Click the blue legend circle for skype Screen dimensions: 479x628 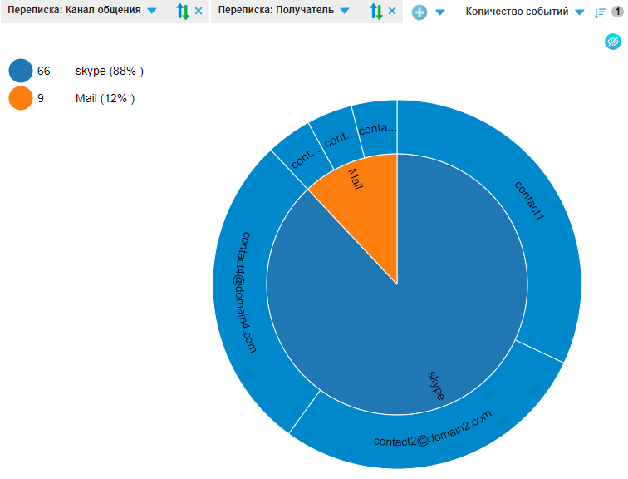(21, 72)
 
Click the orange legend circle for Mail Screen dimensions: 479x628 (21, 99)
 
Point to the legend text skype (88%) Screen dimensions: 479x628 (109, 72)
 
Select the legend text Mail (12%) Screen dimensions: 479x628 (105, 99)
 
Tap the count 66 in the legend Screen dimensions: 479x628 (44, 72)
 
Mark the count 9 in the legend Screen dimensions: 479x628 (41, 99)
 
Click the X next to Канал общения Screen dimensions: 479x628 (199, 11)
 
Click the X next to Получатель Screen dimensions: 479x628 (392, 11)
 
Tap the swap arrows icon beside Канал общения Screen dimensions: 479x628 (183, 12)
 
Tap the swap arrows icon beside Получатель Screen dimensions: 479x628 (376, 12)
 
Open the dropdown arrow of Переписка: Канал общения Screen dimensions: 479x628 (151, 12)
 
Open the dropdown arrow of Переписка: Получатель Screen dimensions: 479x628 (345, 12)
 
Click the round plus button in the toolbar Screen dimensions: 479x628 (419, 12)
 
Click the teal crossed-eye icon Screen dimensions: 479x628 (612, 41)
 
